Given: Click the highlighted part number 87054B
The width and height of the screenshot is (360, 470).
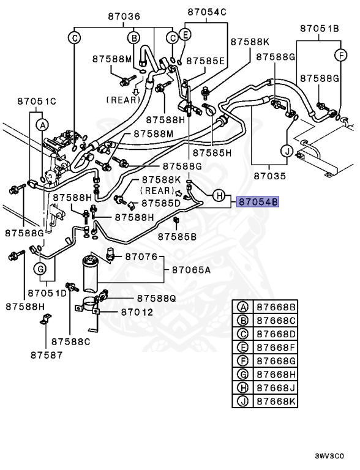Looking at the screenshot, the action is coord(258,203).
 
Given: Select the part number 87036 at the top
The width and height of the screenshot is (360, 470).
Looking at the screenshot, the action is coord(124,16).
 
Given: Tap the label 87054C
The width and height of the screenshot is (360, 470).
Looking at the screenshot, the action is coord(207,12).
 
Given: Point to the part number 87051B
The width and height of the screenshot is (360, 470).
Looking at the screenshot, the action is coord(320,29).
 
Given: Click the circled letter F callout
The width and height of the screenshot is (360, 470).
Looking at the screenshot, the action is coord(341,55).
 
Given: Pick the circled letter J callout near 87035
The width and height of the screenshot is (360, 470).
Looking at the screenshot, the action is coord(287,151).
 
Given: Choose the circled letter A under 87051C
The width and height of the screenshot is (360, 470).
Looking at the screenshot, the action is coord(43,125).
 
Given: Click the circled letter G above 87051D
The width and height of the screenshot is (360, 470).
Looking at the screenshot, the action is coord(40,269).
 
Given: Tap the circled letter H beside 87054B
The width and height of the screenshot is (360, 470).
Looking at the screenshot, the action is coord(219,196).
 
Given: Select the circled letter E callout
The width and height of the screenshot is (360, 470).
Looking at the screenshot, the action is coord(185,34).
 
